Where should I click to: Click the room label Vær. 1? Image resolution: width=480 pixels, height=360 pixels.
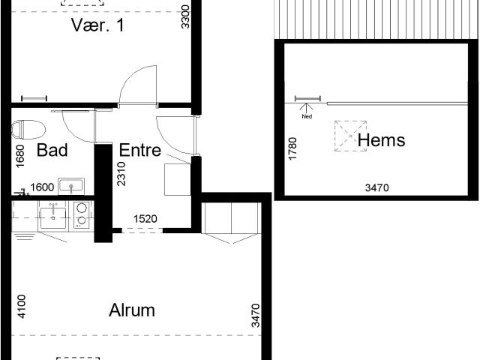click(98, 25)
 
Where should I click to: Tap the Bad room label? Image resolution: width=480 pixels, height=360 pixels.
click(52, 150)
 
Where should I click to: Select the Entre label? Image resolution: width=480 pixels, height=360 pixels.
click(140, 150)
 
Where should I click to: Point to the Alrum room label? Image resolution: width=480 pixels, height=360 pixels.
click(132, 310)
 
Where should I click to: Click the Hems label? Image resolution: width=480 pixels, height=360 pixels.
click(382, 140)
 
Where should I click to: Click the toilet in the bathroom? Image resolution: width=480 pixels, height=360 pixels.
click(28, 130)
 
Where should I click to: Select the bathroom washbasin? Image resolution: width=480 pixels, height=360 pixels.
click(71, 185)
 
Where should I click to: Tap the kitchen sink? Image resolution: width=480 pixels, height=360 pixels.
click(53, 217)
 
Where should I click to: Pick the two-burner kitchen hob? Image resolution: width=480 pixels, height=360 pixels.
click(82, 214)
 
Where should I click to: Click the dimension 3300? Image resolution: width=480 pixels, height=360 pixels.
click(185, 16)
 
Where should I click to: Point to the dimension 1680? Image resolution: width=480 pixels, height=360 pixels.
click(20, 156)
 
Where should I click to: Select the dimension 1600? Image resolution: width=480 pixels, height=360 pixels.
click(42, 187)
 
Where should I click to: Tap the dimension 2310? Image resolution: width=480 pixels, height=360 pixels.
click(121, 174)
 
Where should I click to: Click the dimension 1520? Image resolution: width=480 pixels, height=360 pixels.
click(145, 218)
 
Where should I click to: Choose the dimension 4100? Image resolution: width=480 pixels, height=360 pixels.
click(22, 307)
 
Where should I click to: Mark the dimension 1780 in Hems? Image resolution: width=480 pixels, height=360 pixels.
click(292, 148)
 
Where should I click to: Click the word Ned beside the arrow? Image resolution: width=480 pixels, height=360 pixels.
click(307, 116)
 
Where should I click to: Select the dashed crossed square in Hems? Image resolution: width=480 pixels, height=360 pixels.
click(350, 136)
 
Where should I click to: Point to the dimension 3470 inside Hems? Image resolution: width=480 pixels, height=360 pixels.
click(377, 187)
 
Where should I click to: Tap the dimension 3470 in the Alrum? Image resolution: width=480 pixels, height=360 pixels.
click(256, 315)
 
